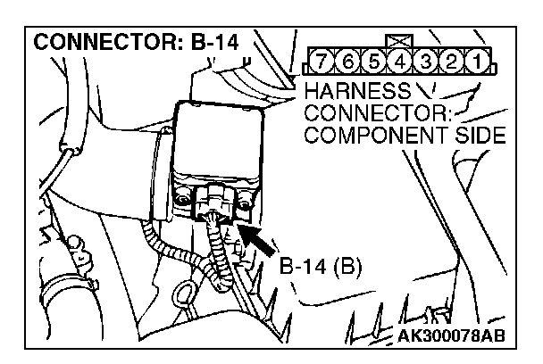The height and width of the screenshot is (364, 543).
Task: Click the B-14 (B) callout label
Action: click(320, 267)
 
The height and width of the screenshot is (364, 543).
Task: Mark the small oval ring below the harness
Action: click(188, 294)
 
